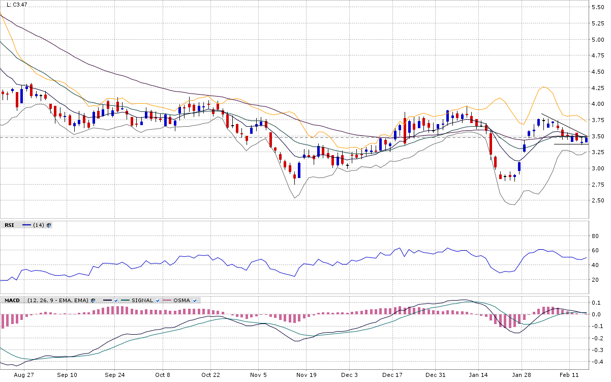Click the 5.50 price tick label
[x=598, y=7]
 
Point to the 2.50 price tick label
[x=598, y=200]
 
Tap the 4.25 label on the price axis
[x=598, y=88]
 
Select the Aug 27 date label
[x=24, y=375]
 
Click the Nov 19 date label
[x=307, y=375]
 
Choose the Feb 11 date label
[x=569, y=375]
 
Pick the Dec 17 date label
[x=392, y=375]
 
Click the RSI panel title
[x=9, y=225]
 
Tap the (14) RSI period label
[x=39, y=225]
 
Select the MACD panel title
[x=12, y=301]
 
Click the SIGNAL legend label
[x=142, y=301]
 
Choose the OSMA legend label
[x=181, y=301]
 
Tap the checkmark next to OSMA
[x=195, y=301]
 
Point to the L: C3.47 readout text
[x=17, y=5]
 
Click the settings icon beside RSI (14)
[x=49, y=225]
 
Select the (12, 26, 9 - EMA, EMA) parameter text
[x=58, y=301]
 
